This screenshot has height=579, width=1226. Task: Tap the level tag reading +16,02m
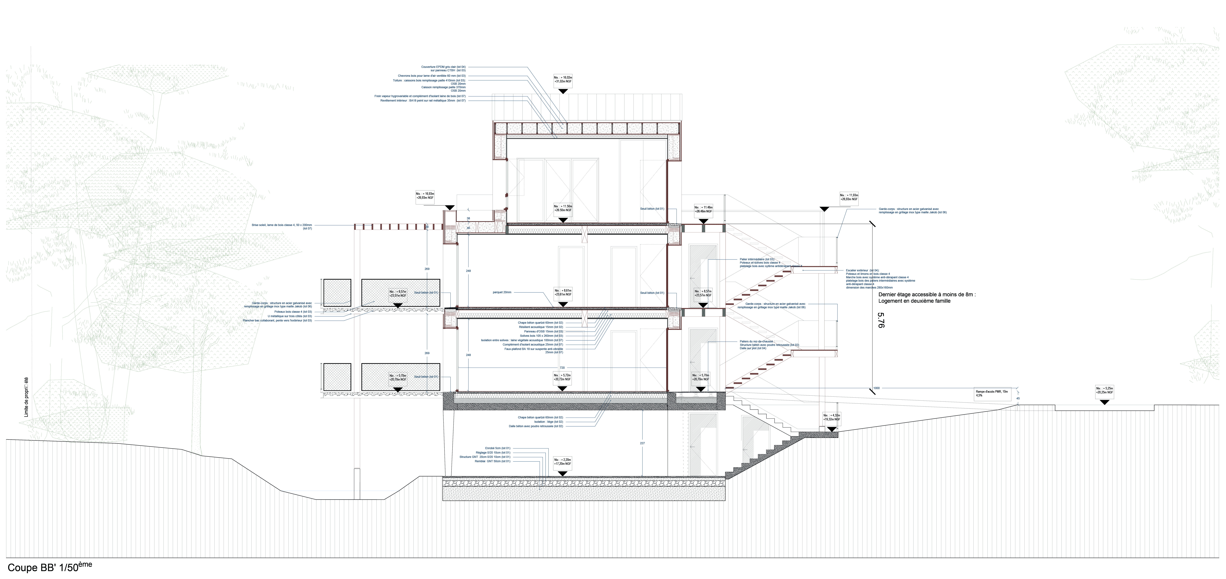563,79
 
